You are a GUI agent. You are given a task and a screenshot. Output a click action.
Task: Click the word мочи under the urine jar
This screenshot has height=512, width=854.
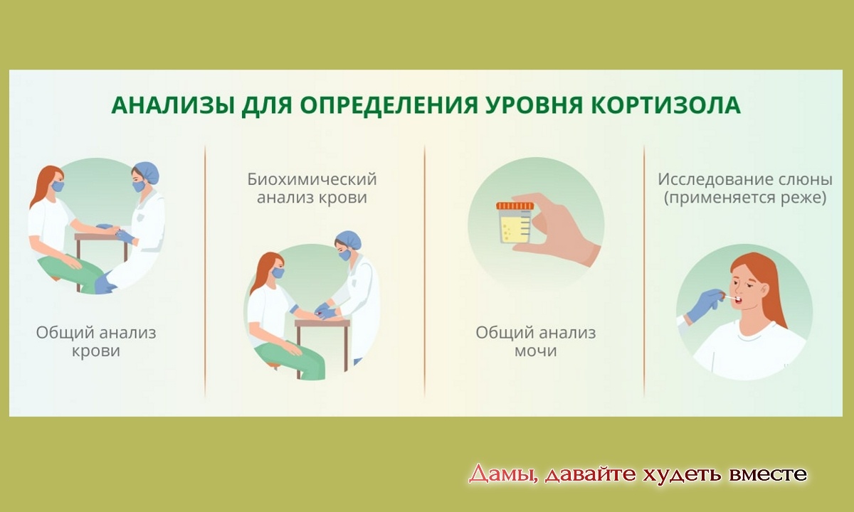click(535, 351)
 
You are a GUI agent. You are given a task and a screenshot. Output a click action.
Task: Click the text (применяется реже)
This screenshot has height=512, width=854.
click(745, 198)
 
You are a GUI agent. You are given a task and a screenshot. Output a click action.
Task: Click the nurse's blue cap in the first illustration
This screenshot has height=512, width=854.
click(147, 172)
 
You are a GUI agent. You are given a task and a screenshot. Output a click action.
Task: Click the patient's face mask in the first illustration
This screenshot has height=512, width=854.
click(57, 186)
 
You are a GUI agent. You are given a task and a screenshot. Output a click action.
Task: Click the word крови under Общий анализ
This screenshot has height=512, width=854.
click(96, 351)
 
